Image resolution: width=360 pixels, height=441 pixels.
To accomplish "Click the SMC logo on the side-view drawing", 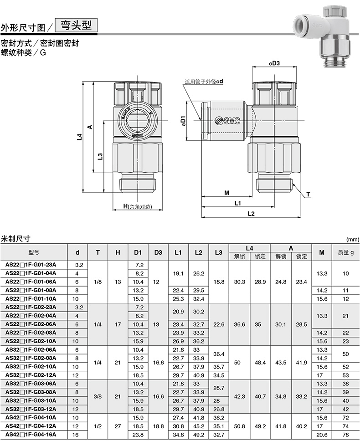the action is (227, 120).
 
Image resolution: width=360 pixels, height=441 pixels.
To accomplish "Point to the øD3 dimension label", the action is (274, 63).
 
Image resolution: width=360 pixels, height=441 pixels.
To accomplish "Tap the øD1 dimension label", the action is (183, 121).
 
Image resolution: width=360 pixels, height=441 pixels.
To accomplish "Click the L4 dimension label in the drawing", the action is (80, 137).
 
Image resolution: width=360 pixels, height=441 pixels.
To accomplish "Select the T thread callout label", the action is (308, 194).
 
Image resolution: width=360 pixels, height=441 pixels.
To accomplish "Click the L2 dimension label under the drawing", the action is (251, 214).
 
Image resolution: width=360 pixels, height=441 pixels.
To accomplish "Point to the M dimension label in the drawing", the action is (226, 193).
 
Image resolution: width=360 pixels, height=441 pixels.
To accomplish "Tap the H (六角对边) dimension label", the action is (138, 207).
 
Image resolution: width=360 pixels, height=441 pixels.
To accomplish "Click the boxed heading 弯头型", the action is (76, 26).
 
